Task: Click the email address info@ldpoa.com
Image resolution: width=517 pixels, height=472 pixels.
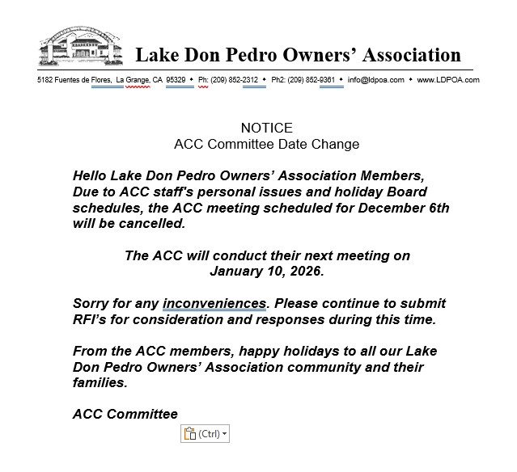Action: tap(376, 80)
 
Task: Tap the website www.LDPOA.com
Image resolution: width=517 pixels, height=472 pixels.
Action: tap(448, 80)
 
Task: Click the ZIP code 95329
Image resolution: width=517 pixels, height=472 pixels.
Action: tap(176, 80)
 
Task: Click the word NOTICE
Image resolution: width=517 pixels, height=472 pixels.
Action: tap(266, 128)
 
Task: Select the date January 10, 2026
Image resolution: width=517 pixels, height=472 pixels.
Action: tap(266, 271)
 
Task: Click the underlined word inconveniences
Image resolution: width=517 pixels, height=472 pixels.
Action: tap(214, 303)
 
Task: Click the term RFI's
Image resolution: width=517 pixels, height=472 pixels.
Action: tap(91, 319)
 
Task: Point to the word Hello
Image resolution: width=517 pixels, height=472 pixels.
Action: tap(91, 175)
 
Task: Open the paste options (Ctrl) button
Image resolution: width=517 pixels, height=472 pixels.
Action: tap(206, 434)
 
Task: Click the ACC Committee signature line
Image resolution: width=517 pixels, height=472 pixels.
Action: tap(125, 414)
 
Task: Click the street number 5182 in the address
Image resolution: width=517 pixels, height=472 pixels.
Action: tap(46, 80)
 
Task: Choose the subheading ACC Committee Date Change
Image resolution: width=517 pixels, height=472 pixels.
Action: tap(266, 144)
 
